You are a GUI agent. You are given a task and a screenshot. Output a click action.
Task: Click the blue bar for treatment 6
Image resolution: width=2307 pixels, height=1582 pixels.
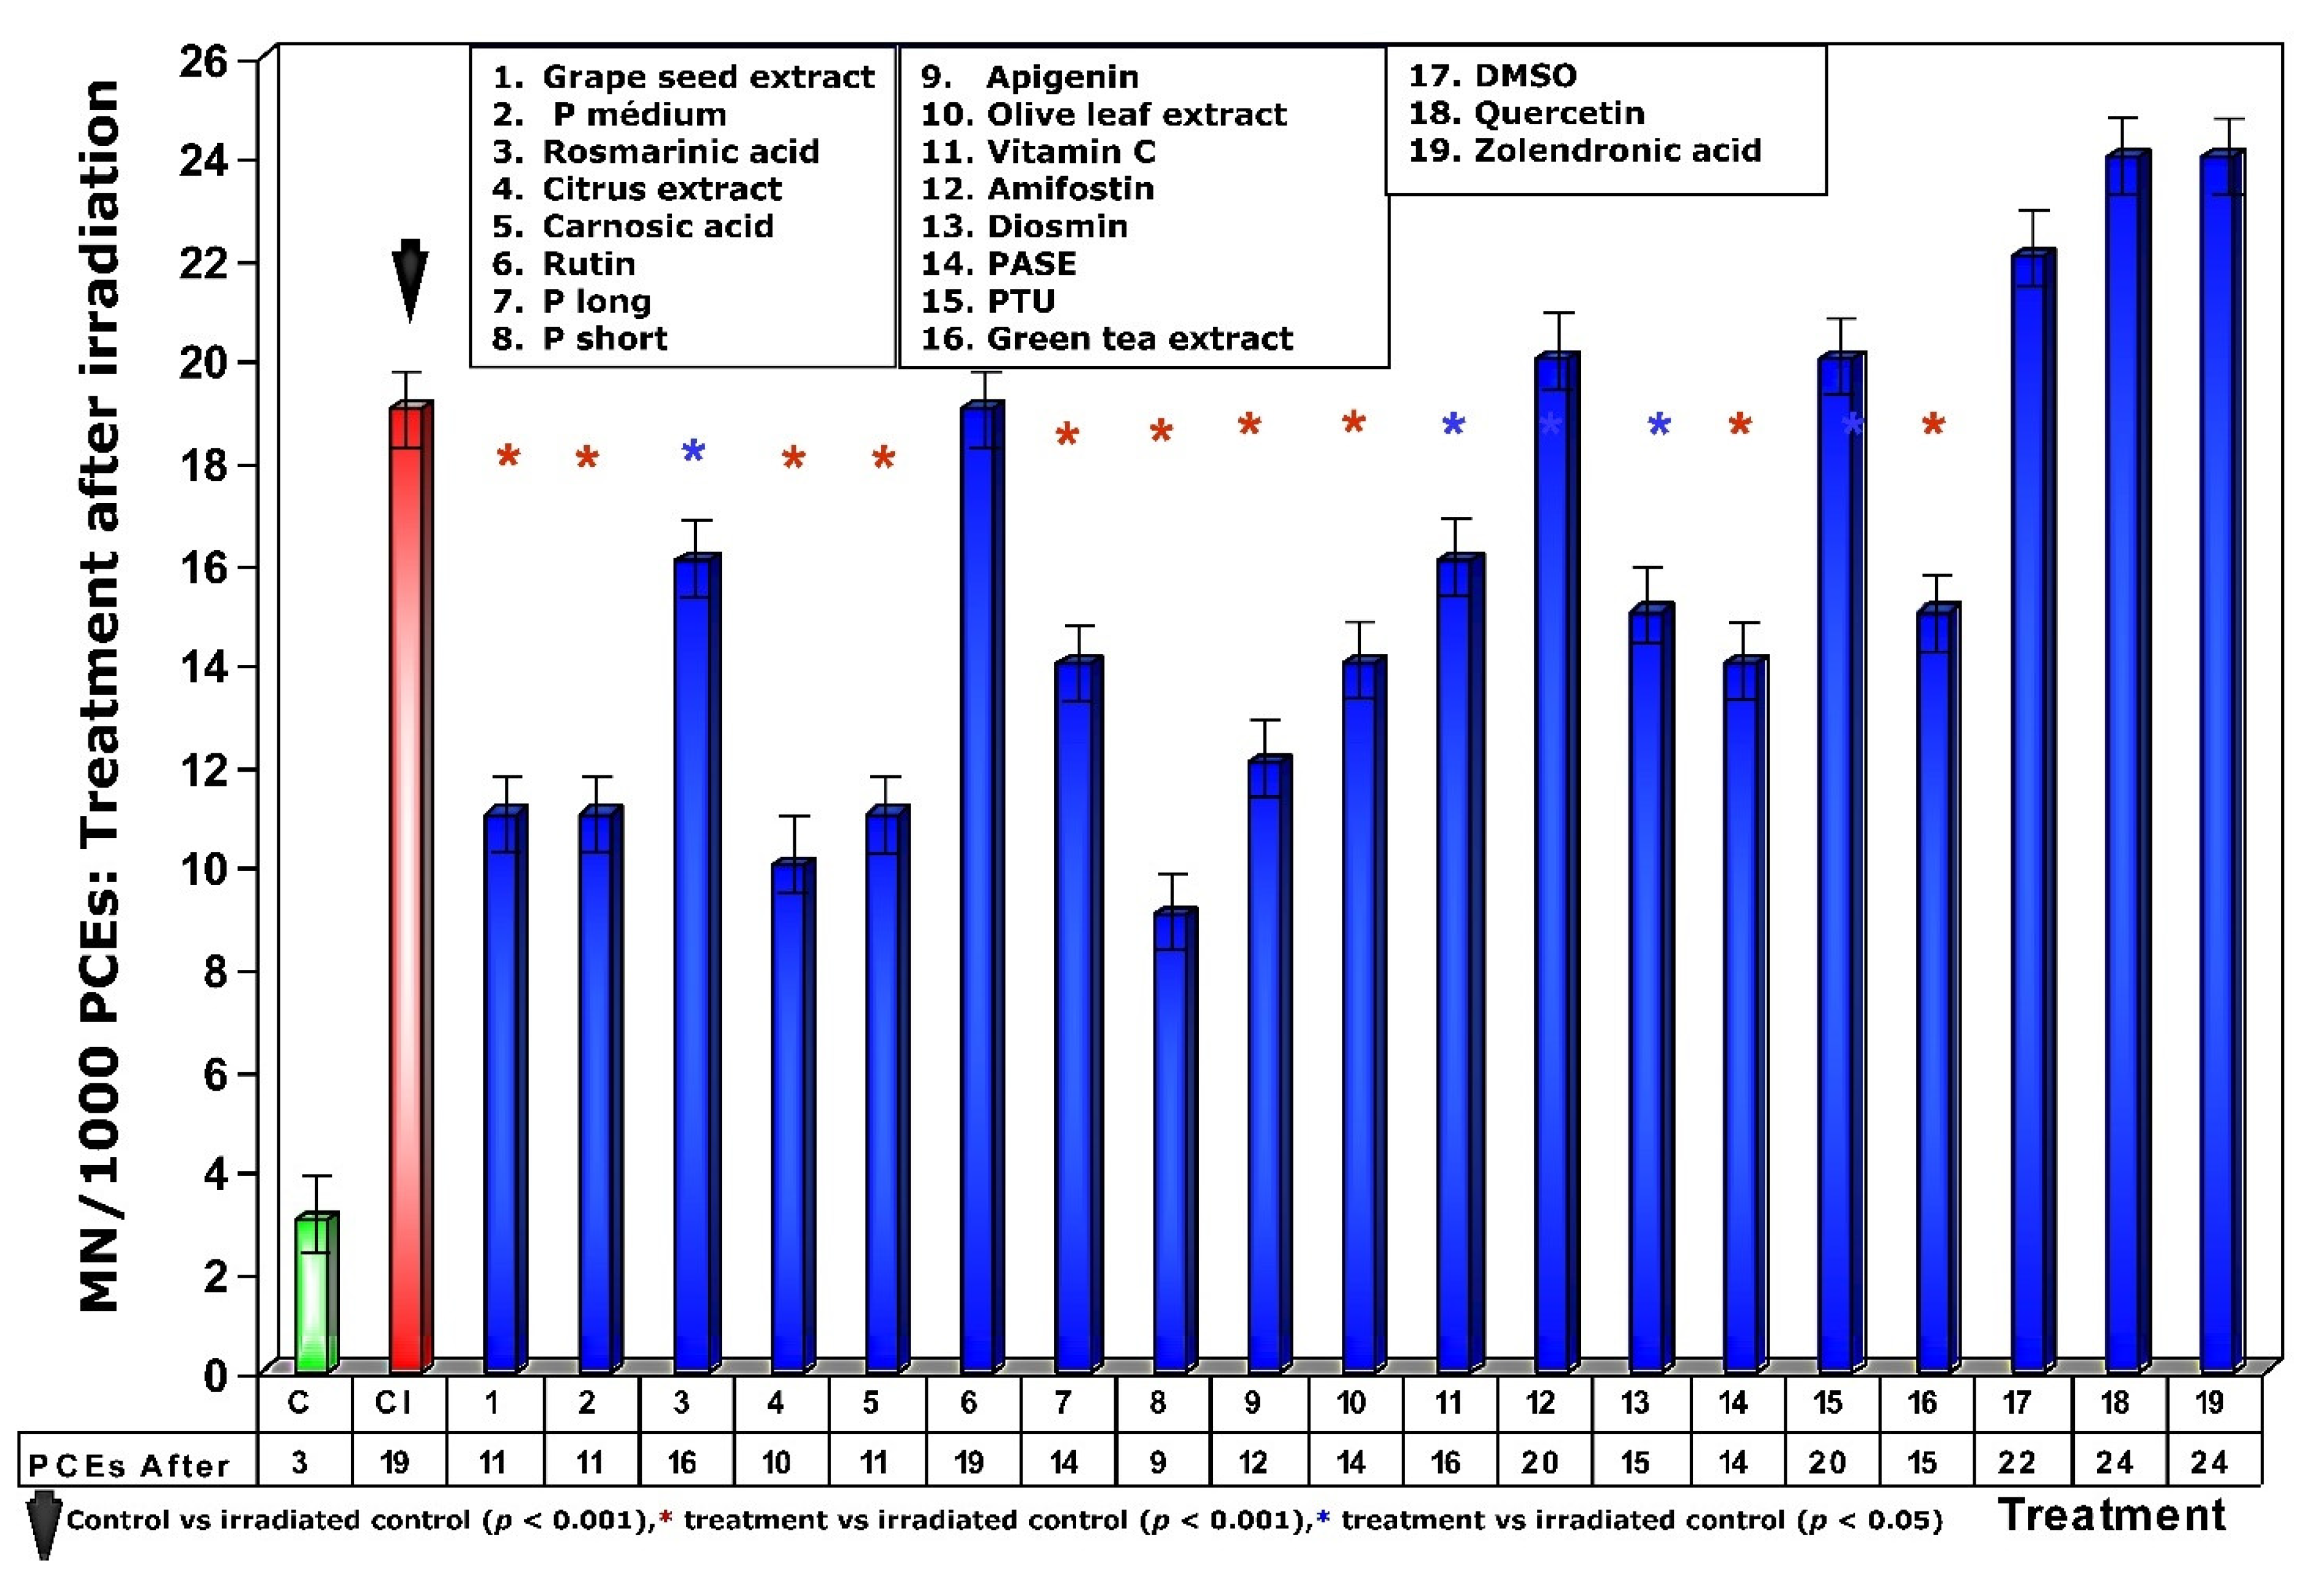[979, 893]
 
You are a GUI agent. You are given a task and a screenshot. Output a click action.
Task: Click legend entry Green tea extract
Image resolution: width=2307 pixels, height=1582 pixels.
[1139, 339]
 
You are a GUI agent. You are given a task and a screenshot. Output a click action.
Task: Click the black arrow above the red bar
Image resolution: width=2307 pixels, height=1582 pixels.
[409, 278]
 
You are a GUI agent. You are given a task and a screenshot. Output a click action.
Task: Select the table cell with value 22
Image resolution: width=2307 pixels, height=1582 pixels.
[2017, 1462]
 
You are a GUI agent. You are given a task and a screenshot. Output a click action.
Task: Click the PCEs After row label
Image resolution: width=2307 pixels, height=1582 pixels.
[129, 1465]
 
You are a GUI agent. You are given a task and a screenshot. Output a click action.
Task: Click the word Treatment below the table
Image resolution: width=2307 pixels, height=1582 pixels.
[2111, 1516]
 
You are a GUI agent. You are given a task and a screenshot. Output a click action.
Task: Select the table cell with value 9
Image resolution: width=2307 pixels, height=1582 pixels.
[1157, 1462]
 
